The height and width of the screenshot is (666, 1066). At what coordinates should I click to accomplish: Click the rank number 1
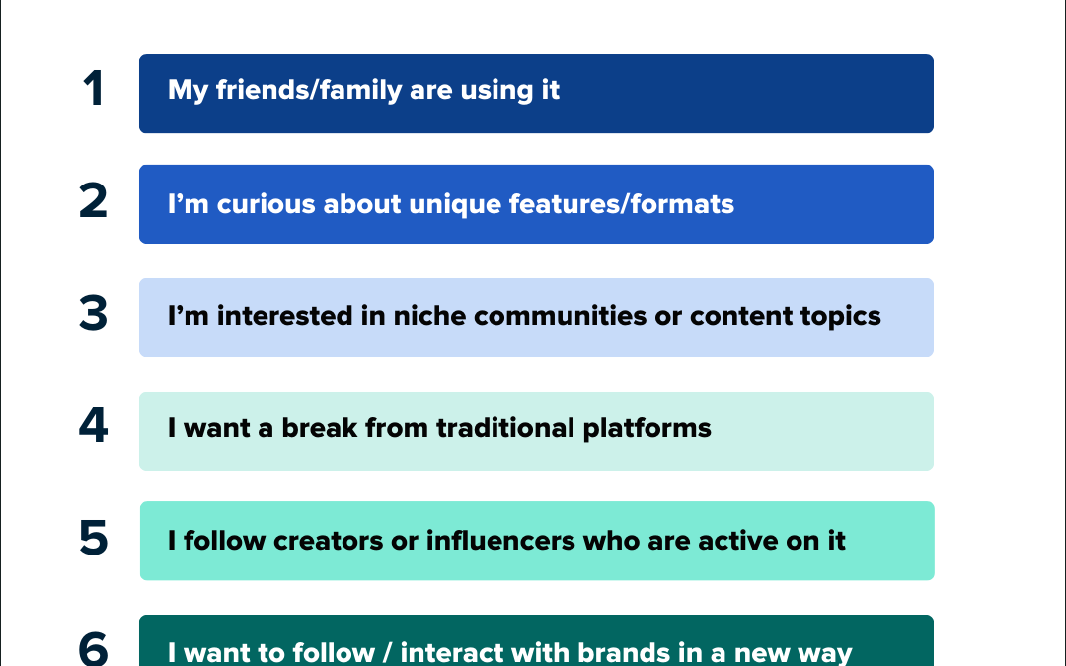tap(94, 90)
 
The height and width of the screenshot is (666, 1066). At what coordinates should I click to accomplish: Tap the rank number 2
tap(93, 201)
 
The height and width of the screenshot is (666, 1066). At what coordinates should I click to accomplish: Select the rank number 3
tap(93, 315)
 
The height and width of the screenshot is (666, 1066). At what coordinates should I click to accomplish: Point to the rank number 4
tap(93, 428)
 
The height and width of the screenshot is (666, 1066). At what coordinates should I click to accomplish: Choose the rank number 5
tap(93, 539)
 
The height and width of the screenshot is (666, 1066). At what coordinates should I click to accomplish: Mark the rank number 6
tap(93, 648)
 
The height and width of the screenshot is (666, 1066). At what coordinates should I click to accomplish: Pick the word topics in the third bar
tap(835, 317)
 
